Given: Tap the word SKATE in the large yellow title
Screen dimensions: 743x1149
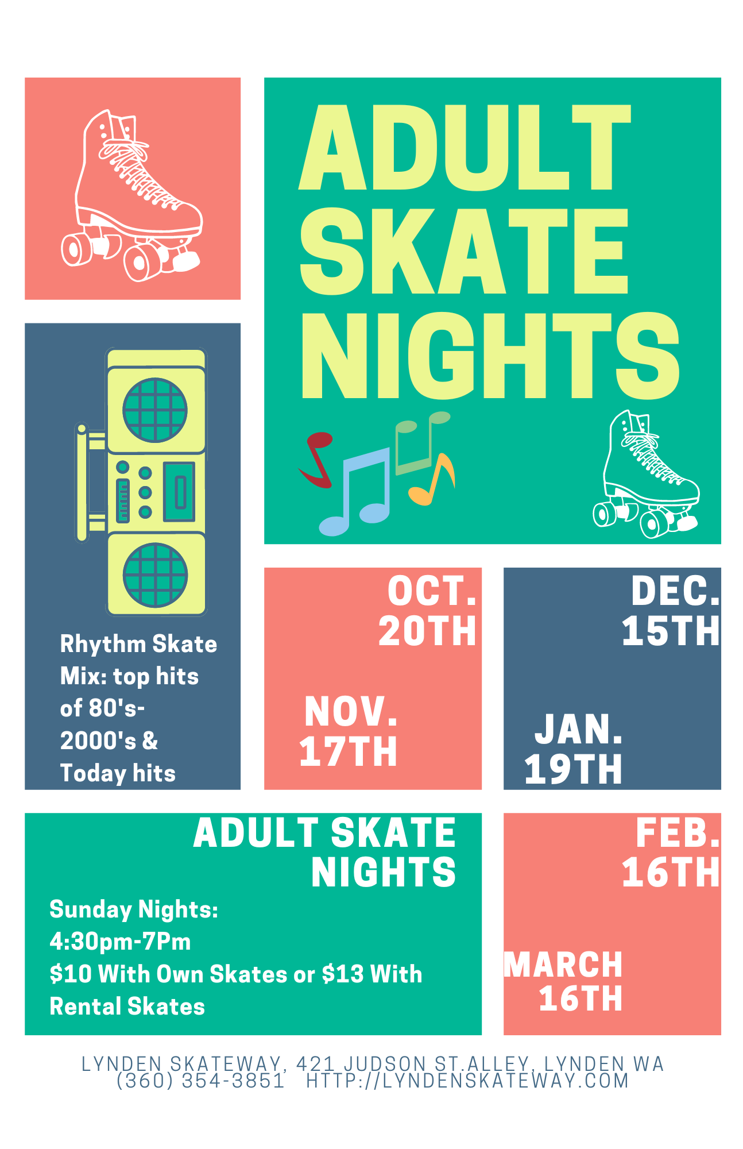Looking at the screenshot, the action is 464,251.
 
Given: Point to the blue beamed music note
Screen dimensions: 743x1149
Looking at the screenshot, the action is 355,492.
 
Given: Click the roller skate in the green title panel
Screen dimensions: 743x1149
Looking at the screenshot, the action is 646,474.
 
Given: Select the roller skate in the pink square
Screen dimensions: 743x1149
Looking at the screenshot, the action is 132,195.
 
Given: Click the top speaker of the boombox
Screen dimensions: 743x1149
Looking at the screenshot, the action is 155,410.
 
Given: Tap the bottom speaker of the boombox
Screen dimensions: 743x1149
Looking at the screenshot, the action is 155,575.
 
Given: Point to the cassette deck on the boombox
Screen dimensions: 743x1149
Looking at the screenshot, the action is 179,491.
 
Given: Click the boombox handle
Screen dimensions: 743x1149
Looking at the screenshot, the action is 83,483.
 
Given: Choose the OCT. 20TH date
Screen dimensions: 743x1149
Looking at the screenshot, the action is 428,611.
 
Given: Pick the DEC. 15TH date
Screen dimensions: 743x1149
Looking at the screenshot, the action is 671,611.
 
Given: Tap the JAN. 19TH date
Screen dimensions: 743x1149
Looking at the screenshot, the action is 574,749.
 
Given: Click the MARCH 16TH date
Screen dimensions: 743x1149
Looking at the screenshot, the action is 563,981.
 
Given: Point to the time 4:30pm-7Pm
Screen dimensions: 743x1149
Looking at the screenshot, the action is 120,942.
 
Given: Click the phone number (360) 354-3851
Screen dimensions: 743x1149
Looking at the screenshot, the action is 200,1081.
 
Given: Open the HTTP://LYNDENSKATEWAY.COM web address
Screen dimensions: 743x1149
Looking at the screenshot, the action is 467,1081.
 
